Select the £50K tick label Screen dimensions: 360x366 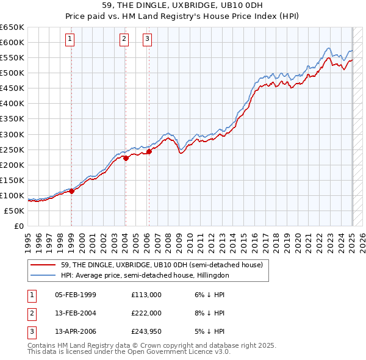(x=15, y=211)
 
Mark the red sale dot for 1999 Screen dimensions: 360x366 (x=71, y=191)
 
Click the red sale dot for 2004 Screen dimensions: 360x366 (x=126, y=158)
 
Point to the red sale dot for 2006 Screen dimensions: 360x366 (x=149, y=151)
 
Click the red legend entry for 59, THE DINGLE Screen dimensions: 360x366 (x=162, y=265)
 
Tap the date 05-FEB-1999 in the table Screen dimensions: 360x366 (x=76, y=295)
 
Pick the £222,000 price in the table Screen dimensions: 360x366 (x=146, y=313)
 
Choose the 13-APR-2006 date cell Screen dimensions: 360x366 (x=76, y=331)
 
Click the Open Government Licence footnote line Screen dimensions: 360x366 (x=129, y=351)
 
